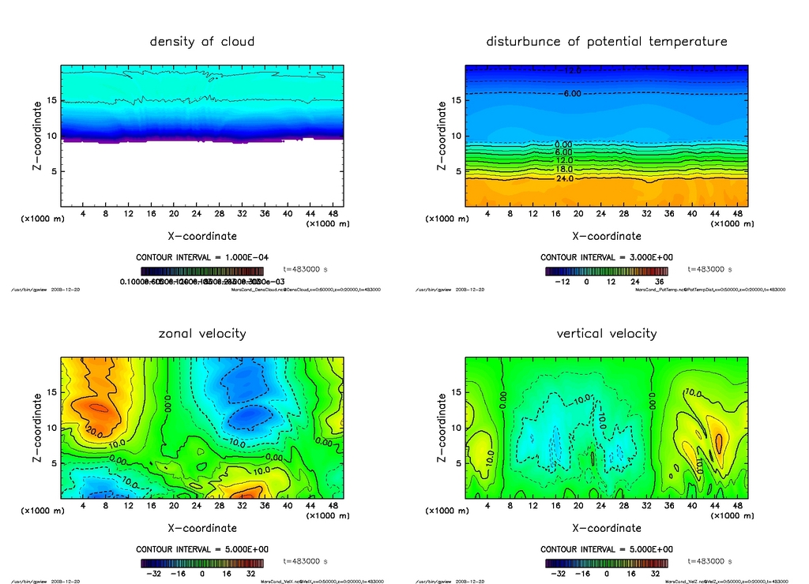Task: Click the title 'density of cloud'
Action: click(x=202, y=41)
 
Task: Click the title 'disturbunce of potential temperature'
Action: click(x=607, y=41)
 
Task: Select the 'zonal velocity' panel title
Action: click(x=202, y=334)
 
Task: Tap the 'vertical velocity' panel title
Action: click(x=607, y=334)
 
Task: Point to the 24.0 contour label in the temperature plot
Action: click(x=565, y=178)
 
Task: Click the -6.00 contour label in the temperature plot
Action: click(x=570, y=94)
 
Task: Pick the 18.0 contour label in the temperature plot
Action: click(x=565, y=169)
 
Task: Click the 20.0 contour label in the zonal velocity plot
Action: click(x=96, y=433)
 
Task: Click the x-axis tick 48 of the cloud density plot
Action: click(x=336, y=214)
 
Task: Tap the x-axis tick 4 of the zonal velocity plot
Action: click(x=83, y=507)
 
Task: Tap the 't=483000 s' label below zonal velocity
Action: click(x=305, y=562)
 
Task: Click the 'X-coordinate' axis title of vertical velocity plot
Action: click(x=607, y=528)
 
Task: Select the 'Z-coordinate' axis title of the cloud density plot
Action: click(x=37, y=136)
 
